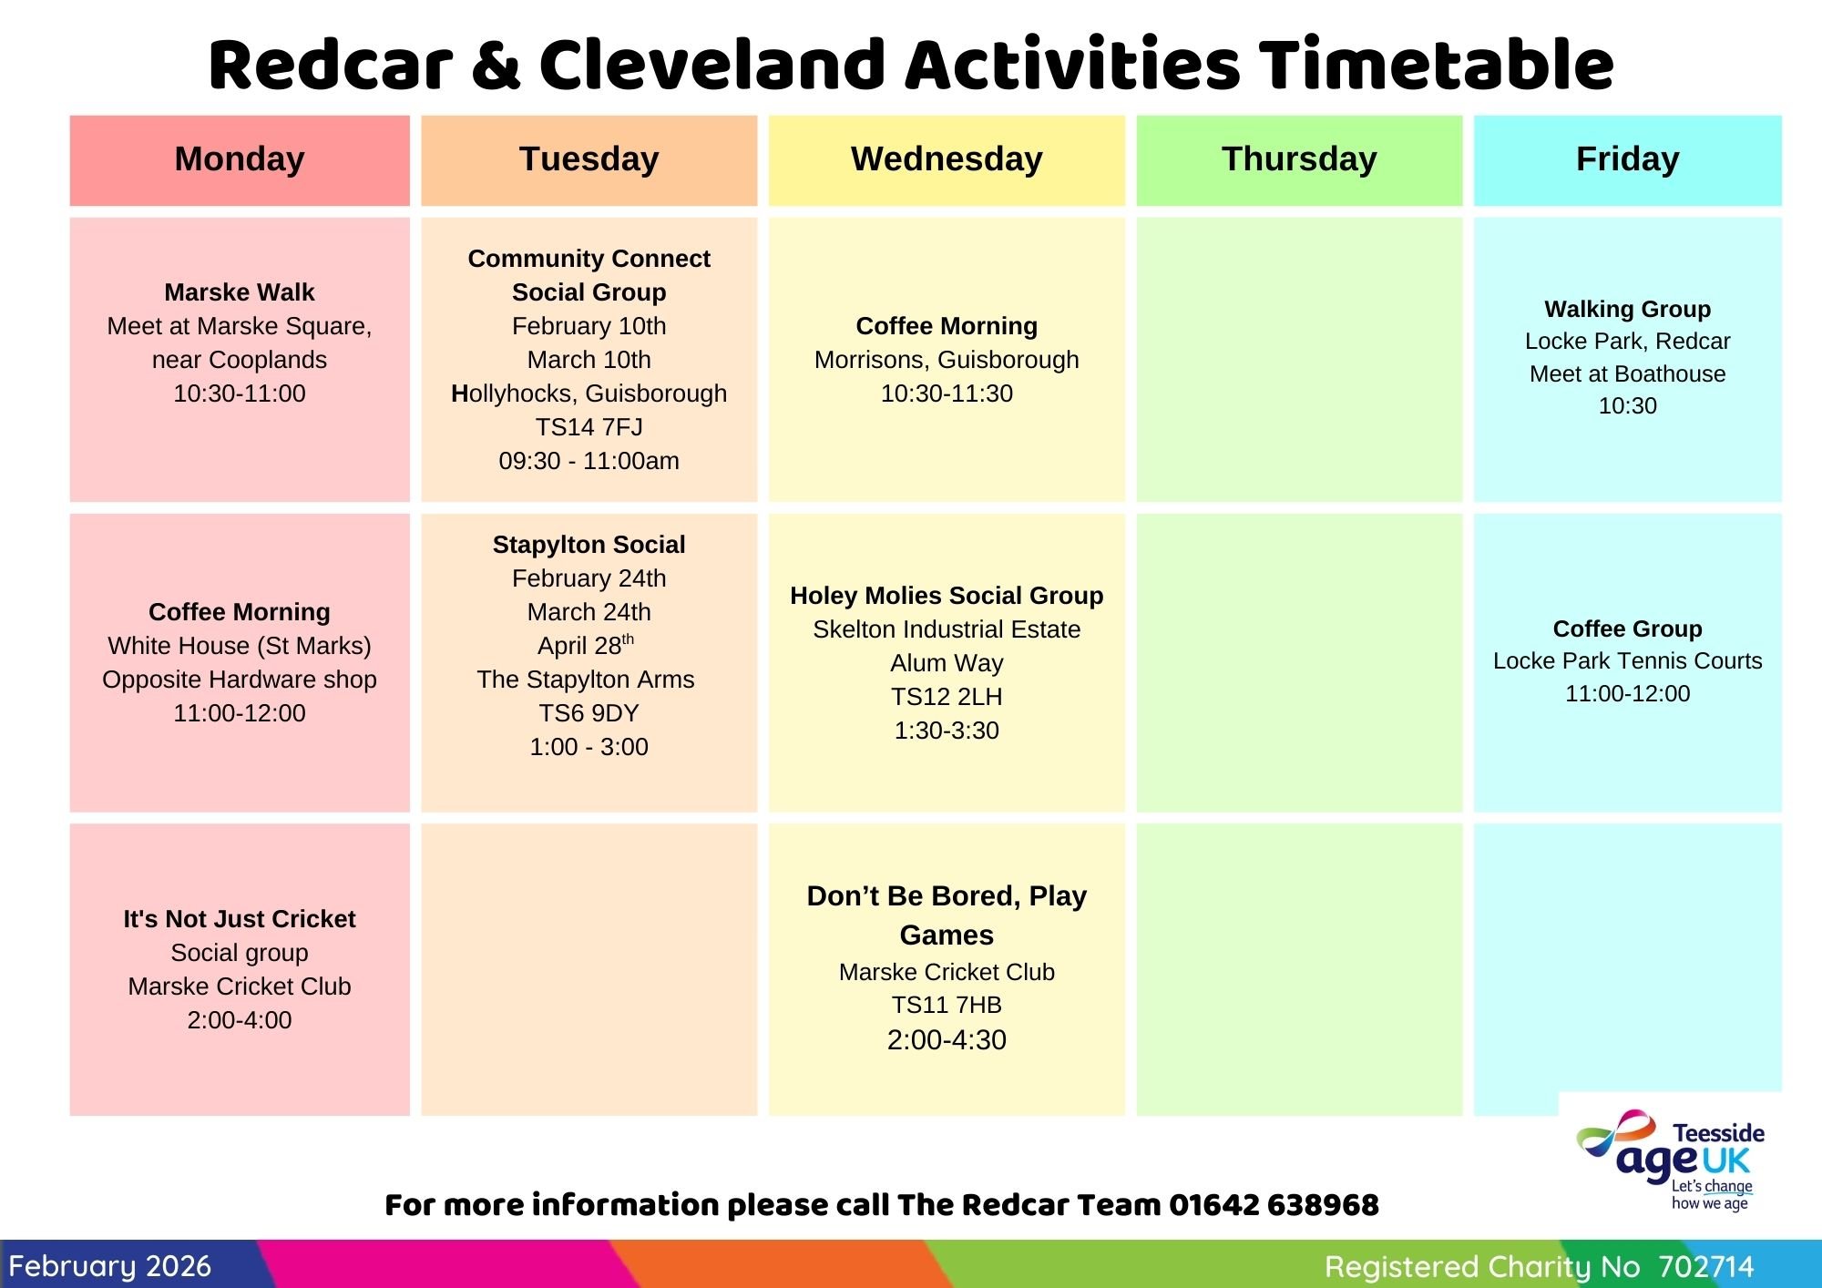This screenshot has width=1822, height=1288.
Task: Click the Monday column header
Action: [x=240, y=159]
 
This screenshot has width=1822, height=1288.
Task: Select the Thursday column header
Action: [x=1299, y=159]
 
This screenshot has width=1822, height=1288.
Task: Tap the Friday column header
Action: [x=1627, y=159]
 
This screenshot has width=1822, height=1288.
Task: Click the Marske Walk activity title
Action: [x=240, y=292]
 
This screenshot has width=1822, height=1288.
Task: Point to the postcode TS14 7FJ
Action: [x=589, y=427]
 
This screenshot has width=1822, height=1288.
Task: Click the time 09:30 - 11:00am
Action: [x=589, y=461]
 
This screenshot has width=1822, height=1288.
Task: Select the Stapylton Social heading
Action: [x=589, y=545]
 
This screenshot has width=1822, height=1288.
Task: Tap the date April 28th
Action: [x=586, y=645]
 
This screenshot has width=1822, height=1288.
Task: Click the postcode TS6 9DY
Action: [x=589, y=713]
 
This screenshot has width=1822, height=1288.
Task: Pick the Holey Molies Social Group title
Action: [x=947, y=596]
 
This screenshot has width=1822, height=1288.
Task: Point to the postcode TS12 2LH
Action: [x=947, y=697]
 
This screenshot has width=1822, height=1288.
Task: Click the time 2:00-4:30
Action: [x=947, y=1040]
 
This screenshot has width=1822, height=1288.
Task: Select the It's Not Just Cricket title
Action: [x=240, y=919]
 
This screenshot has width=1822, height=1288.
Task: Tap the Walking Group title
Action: [x=1627, y=309]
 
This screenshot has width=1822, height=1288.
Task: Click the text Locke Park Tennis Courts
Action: [x=1627, y=661]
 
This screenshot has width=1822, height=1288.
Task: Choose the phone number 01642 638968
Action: [x=1274, y=1205]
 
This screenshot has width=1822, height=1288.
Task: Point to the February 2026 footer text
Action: [x=109, y=1266]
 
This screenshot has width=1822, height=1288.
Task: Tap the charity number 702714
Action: [x=1705, y=1267]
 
